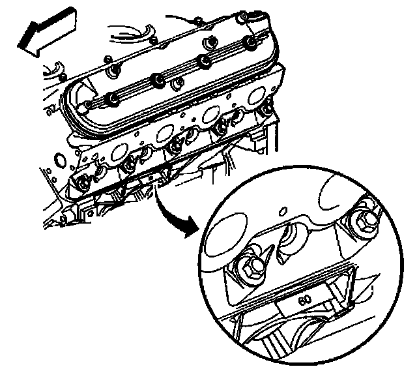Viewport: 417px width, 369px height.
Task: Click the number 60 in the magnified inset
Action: (x=304, y=300)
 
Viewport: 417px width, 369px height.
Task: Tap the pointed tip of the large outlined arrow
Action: (x=18, y=46)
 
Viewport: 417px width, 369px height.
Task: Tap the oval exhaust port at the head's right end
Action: (x=256, y=95)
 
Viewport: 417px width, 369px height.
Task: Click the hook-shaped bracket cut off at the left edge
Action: (x=53, y=70)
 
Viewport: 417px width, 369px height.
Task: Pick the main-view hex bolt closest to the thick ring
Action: (x=83, y=183)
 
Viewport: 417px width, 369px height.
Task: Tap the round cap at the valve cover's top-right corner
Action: (x=242, y=16)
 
